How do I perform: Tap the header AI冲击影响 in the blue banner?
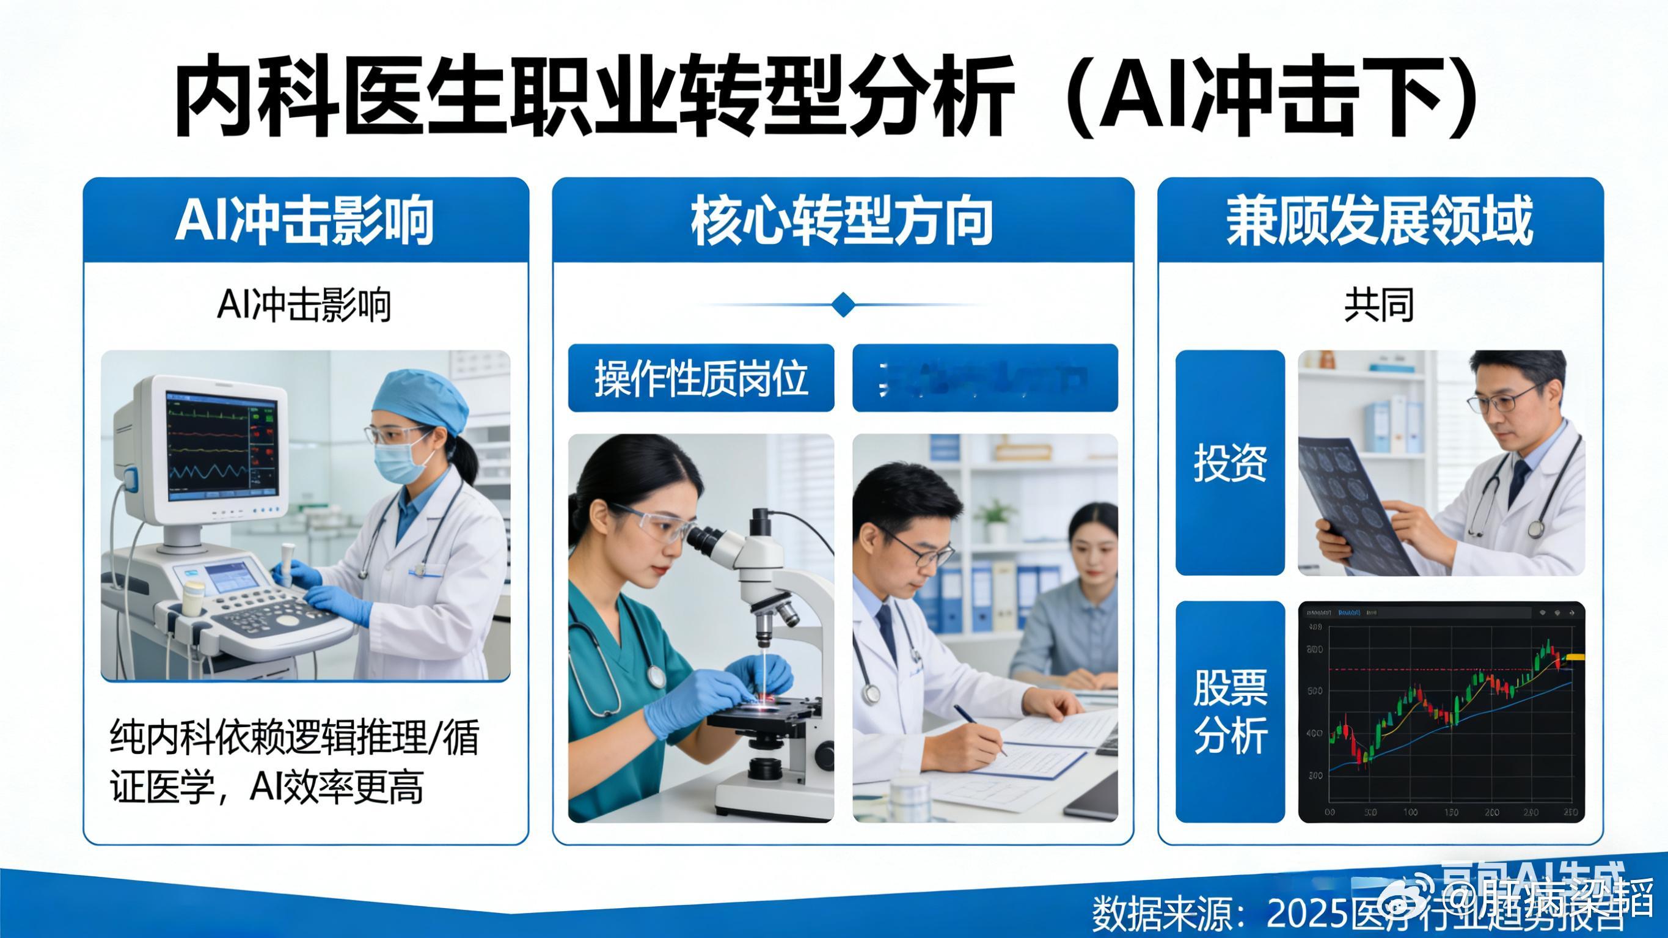[x=304, y=220]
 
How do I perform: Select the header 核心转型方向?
[x=842, y=220]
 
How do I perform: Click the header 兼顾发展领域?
[x=1379, y=220]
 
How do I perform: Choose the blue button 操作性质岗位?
[x=701, y=378]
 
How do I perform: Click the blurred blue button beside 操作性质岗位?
[x=985, y=378]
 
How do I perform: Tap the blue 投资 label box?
[x=1230, y=463]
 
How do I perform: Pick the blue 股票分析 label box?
[x=1230, y=711]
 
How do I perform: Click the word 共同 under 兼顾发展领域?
[x=1378, y=305]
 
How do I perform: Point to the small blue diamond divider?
[x=843, y=304]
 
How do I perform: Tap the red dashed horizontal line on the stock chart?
[x=1425, y=669]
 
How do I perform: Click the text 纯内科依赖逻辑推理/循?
[x=294, y=738]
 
